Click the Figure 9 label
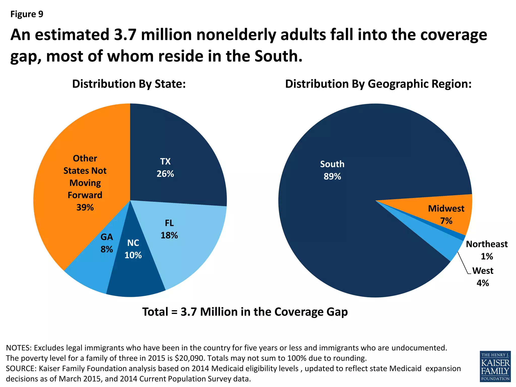[27, 14]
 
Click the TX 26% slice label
[165, 168]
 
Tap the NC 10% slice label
[133, 249]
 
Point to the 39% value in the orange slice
[85, 207]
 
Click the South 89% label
[332, 170]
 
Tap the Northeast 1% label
[487, 250]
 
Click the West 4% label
[483, 277]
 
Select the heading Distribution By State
[129, 84]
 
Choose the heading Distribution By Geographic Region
[378, 84]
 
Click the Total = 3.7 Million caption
[245, 312]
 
